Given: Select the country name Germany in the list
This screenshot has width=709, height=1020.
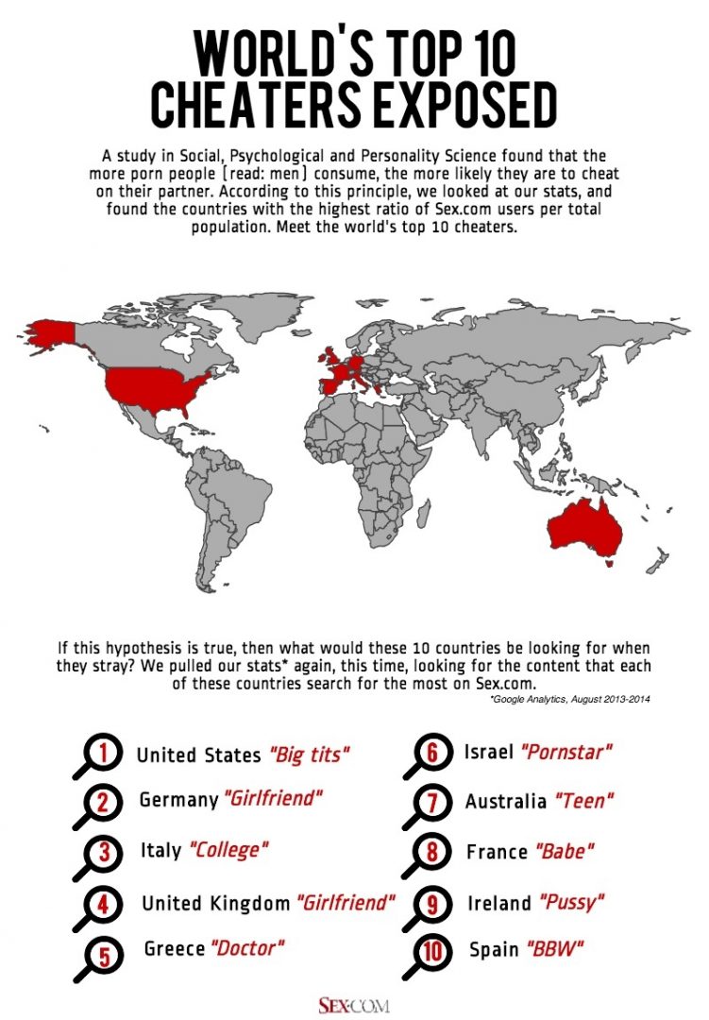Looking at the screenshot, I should [x=178, y=800].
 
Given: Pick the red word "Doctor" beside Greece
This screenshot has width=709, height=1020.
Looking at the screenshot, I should [x=247, y=947].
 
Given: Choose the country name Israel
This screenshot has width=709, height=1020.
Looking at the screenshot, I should [x=489, y=753].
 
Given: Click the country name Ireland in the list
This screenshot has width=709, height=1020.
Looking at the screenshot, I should [x=499, y=903].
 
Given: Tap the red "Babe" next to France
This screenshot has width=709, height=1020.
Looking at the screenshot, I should [x=566, y=852].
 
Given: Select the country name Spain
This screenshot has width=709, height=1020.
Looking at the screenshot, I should [x=493, y=949].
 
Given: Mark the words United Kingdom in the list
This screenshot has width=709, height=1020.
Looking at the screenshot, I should [x=216, y=903].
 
